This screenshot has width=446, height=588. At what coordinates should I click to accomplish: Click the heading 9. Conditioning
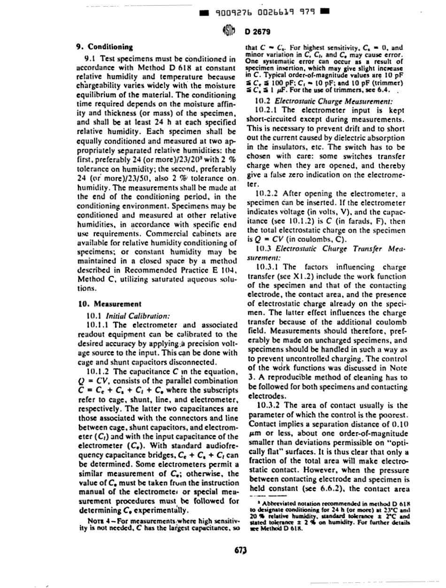(x=104, y=47)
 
